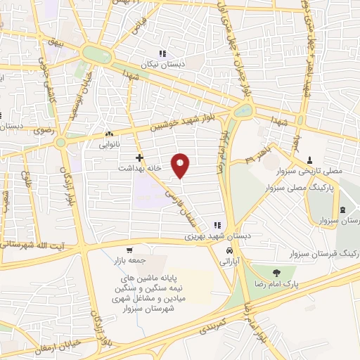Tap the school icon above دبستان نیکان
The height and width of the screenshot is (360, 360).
[162, 53]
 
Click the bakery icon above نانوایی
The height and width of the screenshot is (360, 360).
[109, 134]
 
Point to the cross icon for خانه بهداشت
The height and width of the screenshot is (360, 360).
[140, 157]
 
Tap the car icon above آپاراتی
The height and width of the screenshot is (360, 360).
[229, 250]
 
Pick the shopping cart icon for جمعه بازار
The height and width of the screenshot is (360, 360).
[129, 250]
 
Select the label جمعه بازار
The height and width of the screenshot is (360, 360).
[128, 261]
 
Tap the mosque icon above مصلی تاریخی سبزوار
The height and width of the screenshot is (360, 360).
[310, 160]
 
